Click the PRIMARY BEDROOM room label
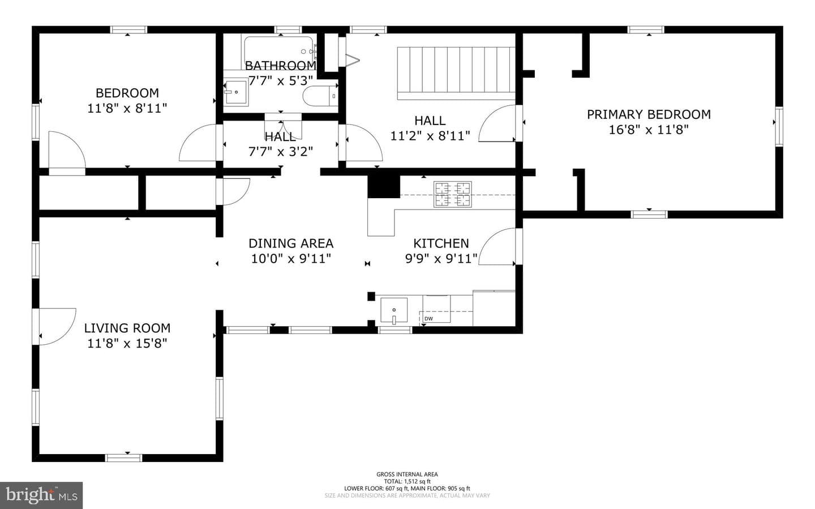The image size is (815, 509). click(x=649, y=114)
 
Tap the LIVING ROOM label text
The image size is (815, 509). click(x=127, y=328)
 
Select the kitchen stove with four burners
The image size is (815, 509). click(x=453, y=194)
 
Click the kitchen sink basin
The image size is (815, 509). click(x=394, y=310)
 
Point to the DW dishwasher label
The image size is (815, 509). click(x=428, y=319)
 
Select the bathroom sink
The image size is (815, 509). click(x=236, y=92)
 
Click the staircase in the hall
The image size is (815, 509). click(x=456, y=73)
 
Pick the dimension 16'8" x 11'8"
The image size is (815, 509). click(x=649, y=130)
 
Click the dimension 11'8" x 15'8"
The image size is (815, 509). click(x=127, y=343)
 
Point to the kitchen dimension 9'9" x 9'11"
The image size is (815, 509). click(x=441, y=259)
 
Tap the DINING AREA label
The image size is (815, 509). click(x=291, y=243)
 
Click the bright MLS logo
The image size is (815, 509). click(x=41, y=495)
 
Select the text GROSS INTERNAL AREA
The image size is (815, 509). click(x=407, y=474)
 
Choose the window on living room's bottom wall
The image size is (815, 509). click(x=124, y=458)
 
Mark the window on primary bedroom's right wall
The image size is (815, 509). click(x=779, y=127)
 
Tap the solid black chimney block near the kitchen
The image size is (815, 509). click(x=384, y=187)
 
